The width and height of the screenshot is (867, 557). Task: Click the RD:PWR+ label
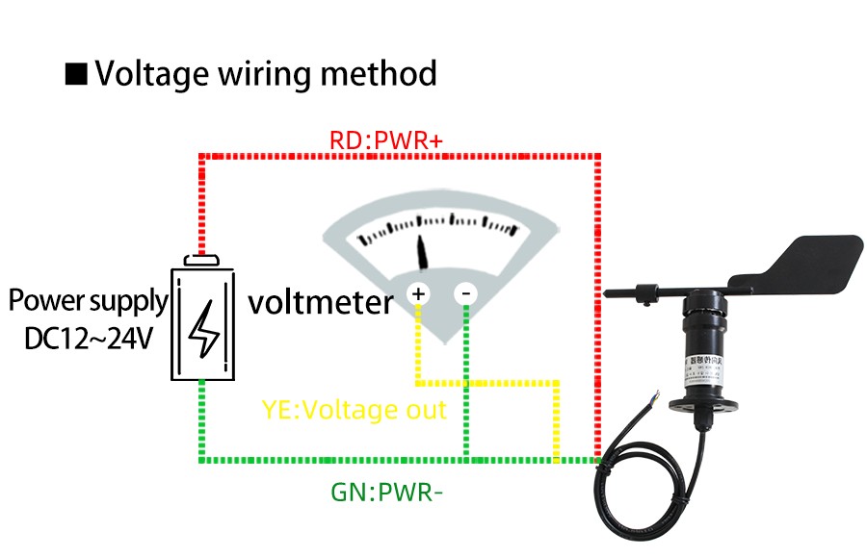point(385,141)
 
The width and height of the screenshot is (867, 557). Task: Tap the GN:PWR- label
point(386,493)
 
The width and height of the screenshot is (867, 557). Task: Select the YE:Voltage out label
point(354,411)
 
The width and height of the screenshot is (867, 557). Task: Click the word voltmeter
point(320,303)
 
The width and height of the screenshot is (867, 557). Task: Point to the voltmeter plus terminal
point(418,292)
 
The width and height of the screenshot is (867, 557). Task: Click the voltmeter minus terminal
point(466,292)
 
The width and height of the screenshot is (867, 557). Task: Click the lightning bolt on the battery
point(202,327)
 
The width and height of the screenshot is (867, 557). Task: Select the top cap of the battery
point(202,260)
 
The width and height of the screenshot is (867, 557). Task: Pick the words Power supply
point(88,301)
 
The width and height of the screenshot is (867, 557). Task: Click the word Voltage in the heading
point(154,73)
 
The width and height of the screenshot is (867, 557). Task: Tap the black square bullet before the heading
point(76,74)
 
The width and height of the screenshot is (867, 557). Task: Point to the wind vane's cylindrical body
point(705,337)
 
